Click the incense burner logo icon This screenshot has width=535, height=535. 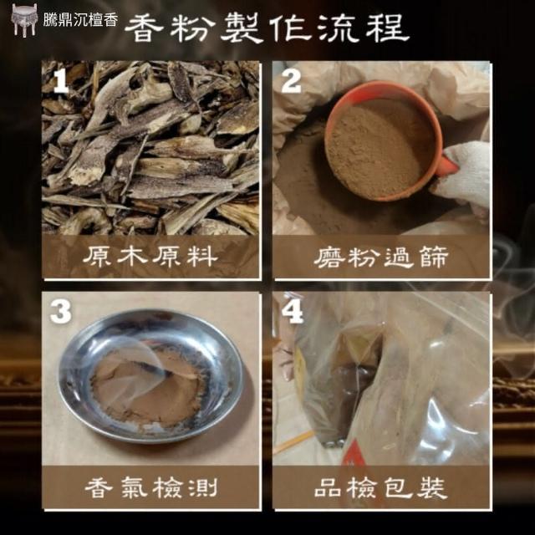tap(24, 19)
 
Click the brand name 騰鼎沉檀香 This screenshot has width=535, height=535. tap(80, 20)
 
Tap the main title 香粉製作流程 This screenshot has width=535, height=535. tap(267, 28)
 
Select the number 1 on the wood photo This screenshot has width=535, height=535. tap(61, 80)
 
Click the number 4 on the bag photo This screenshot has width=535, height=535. tap(292, 311)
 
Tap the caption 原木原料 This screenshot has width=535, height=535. tap(150, 257)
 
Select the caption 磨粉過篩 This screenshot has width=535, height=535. tap(381, 257)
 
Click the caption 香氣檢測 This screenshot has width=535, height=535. tap(151, 487)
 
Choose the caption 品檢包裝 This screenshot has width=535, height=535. tap(381, 487)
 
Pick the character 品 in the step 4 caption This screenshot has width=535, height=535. tap(327, 488)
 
